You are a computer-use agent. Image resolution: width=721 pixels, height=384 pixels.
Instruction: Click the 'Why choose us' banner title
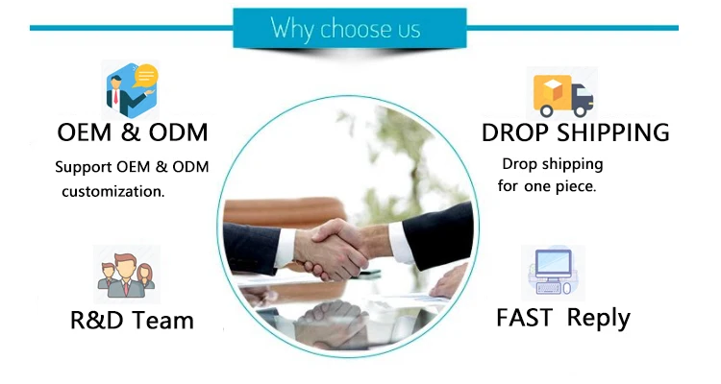pos(345,28)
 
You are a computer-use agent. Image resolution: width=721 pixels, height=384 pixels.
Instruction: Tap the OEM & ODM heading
pos(132,132)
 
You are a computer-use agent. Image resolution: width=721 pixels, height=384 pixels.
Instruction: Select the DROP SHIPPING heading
pos(575,132)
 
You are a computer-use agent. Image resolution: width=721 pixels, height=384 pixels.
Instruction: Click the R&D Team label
pos(132,320)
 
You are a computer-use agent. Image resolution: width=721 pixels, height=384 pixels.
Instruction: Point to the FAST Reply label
pos(562,318)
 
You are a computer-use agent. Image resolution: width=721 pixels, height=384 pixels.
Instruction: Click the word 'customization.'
pos(113,191)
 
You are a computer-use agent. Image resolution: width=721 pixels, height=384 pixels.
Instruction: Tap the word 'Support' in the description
pos(84,167)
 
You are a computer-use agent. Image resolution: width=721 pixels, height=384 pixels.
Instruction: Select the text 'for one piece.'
pos(547,186)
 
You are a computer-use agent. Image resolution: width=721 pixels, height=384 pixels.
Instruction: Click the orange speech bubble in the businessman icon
pos(146,76)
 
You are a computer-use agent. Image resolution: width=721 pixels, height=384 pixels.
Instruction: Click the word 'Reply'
pos(598,318)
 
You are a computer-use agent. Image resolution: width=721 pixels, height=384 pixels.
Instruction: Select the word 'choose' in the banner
pos(357,29)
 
